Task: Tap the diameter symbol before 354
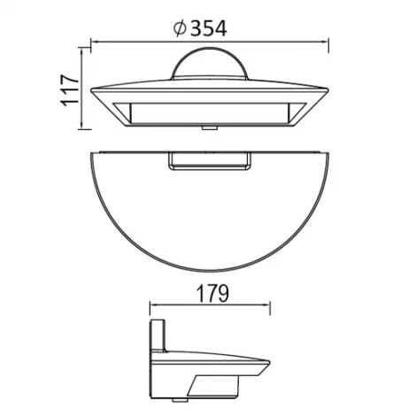point(180,28)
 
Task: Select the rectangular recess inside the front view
point(210,112)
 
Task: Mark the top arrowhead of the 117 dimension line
point(84,51)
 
